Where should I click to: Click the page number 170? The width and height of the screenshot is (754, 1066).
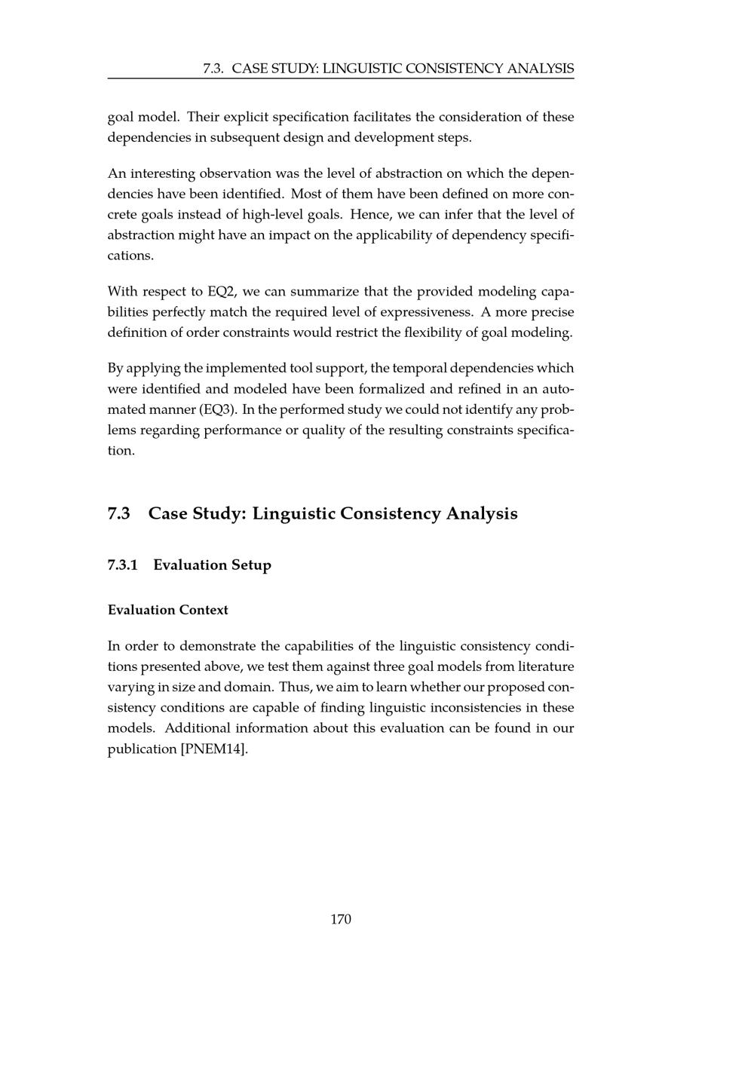(x=341, y=919)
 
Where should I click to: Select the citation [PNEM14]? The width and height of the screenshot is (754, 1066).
(x=214, y=749)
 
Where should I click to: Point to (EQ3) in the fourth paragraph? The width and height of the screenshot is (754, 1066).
(x=218, y=409)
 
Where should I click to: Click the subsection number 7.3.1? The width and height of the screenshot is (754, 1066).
(x=123, y=565)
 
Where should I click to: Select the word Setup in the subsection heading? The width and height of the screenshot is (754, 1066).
(x=249, y=565)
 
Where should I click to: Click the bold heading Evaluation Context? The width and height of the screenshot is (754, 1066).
(x=167, y=610)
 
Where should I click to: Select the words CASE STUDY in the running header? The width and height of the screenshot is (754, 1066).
(x=275, y=69)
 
